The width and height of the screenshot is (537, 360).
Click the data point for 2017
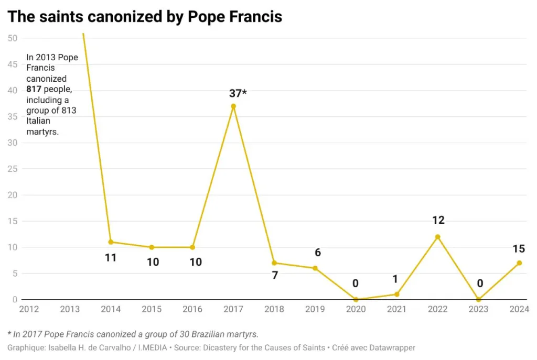(233, 106)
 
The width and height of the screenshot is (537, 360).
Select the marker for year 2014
(111, 242)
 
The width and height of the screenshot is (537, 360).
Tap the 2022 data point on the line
(437, 237)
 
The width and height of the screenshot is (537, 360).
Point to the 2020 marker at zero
(356, 300)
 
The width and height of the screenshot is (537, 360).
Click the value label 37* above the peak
(238, 93)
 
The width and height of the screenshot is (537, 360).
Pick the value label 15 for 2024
(519, 249)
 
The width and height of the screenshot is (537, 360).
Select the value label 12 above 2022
(438, 221)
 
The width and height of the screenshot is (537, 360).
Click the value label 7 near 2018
(274, 275)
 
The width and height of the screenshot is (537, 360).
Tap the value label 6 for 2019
(317, 253)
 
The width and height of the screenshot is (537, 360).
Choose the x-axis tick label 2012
(29, 309)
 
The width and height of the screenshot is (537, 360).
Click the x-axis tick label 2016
(192, 309)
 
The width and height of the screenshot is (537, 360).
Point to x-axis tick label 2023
(478, 309)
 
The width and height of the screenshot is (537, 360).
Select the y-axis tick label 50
(13, 38)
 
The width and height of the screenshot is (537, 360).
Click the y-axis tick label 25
(13, 169)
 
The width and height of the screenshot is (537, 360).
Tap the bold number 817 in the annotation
(34, 90)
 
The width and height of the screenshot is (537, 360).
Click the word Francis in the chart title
(254, 17)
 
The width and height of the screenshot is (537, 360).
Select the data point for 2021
(396, 294)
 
